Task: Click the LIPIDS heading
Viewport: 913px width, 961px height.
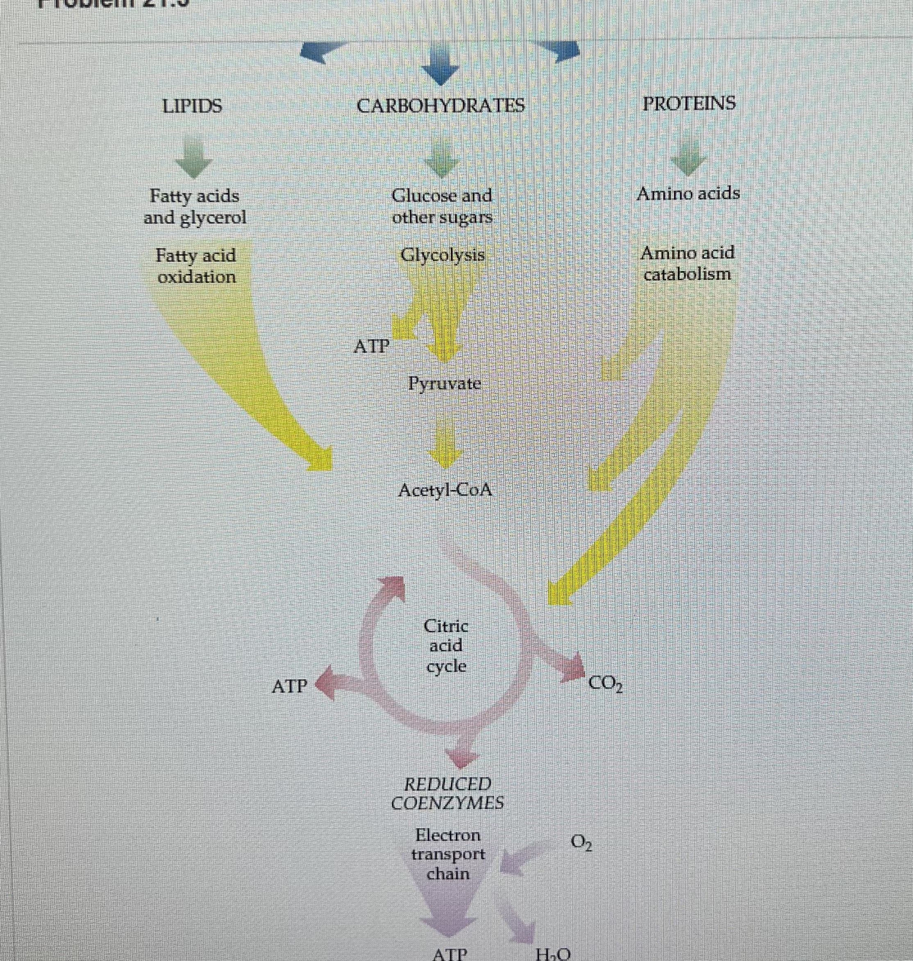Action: [x=192, y=106]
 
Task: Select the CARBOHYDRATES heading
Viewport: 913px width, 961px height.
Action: [x=441, y=105]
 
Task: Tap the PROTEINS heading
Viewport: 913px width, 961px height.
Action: [x=689, y=103]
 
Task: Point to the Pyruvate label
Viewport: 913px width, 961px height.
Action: [x=445, y=384]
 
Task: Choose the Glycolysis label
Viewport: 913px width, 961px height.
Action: [x=443, y=255]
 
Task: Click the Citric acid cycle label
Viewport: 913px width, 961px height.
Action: [x=446, y=646]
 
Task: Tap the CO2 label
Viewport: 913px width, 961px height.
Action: [x=605, y=685]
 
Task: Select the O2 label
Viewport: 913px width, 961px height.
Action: [x=581, y=842]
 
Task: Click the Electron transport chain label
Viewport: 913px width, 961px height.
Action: [x=448, y=854]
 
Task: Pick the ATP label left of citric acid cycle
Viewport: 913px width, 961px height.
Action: [x=290, y=686]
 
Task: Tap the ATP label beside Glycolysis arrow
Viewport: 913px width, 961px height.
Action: [x=372, y=346]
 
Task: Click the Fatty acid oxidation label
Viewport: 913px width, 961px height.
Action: [x=196, y=266]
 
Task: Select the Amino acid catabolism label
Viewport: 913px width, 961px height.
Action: [x=687, y=263]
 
